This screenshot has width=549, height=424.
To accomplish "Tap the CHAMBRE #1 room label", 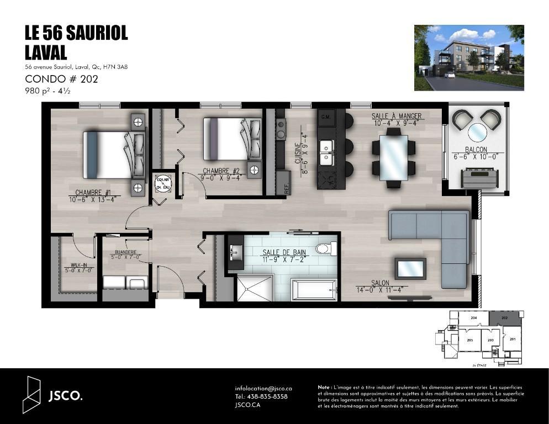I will coord(93,193).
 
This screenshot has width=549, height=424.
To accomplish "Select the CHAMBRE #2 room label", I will coord(221,171).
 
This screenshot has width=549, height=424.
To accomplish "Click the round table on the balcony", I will coord(477,132).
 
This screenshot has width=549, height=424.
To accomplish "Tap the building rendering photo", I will coord(468,57).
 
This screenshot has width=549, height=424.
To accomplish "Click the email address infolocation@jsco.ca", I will coord(263,389).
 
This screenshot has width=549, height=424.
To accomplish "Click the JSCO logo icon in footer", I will coord(32,395).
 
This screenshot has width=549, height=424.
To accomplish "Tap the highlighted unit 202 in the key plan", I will coord(504,319).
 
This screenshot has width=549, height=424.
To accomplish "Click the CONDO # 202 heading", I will coord(61,79).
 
